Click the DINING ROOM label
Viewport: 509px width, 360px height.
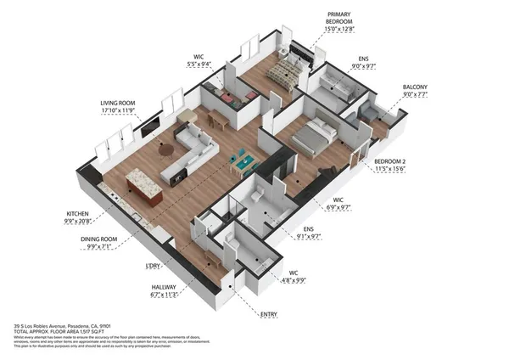pyautogui.click(x=103, y=239)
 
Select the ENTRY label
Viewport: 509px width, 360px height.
pyautogui.click(x=269, y=315)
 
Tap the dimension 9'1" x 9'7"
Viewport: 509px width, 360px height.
pyautogui.click(x=310, y=239)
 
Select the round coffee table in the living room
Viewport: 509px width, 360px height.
pyautogui.click(x=164, y=150)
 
